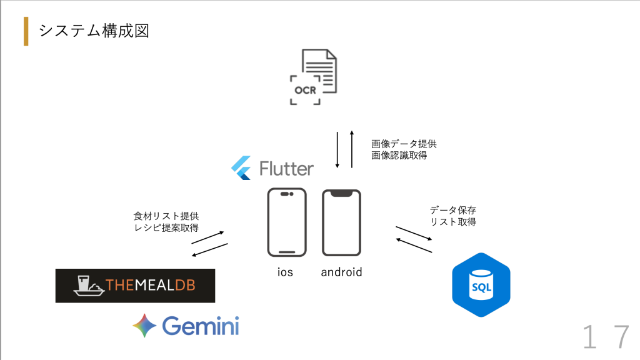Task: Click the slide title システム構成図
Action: pyautogui.click(x=94, y=31)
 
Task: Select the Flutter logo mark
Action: pyautogui.click(x=241, y=168)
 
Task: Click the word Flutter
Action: pyautogui.click(x=286, y=169)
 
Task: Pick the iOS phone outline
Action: pyautogui.click(x=287, y=222)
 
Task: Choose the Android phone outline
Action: pyautogui.click(x=341, y=222)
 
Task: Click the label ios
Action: pyautogui.click(x=286, y=272)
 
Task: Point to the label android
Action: pyautogui.click(x=341, y=272)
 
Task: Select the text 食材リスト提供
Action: pyautogui.click(x=167, y=216)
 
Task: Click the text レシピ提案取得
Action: pyautogui.click(x=167, y=228)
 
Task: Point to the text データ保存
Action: pyautogui.click(x=453, y=210)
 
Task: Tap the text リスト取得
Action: pyautogui.click(x=453, y=222)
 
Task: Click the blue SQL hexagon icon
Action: pyautogui.click(x=481, y=285)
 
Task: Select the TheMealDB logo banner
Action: pyautogui.click(x=135, y=286)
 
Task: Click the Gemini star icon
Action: pyautogui.click(x=144, y=326)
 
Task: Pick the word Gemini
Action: pyautogui.click(x=201, y=326)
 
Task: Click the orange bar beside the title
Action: pyautogui.click(x=26, y=31)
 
